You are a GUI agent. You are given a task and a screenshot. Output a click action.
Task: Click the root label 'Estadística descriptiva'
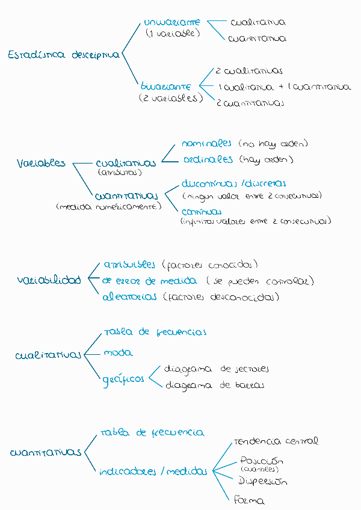pyautogui.click(x=63, y=55)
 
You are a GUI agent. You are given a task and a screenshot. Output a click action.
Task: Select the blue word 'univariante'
pyautogui.click(x=173, y=23)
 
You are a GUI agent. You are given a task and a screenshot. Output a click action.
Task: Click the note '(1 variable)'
pyautogui.click(x=173, y=34)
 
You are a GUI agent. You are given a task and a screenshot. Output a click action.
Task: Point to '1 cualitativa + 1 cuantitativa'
pyautogui.click(x=285, y=87)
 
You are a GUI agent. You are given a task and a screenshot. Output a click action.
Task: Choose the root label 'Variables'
pyautogui.click(x=42, y=164)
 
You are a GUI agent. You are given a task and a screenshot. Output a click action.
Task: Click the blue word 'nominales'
pyautogui.click(x=206, y=144)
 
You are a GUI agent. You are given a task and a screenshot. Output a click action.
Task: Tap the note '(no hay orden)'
pyautogui.click(x=273, y=144)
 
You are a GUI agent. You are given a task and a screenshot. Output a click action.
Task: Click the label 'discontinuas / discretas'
pyautogui.click(x=233, y=184)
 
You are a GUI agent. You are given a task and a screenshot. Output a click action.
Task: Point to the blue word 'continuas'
pyautogui.click(x=202, y=212)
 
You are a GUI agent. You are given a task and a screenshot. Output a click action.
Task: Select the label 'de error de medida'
pyautogui.click(x=149, y=281)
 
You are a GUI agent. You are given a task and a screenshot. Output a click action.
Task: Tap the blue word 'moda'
pyautogui.click(x=118, y=353)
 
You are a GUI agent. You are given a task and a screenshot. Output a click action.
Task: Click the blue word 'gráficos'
pyautogui.click(x=123, y=379)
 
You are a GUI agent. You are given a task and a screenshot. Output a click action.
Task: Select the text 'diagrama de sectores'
pyautogui.click(x=217, y=369)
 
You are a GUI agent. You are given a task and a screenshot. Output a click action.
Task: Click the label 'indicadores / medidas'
pyautogui.click(x=153, y=472)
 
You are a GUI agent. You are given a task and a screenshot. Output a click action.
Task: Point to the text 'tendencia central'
pyautogui.click(x=276, y=441)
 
